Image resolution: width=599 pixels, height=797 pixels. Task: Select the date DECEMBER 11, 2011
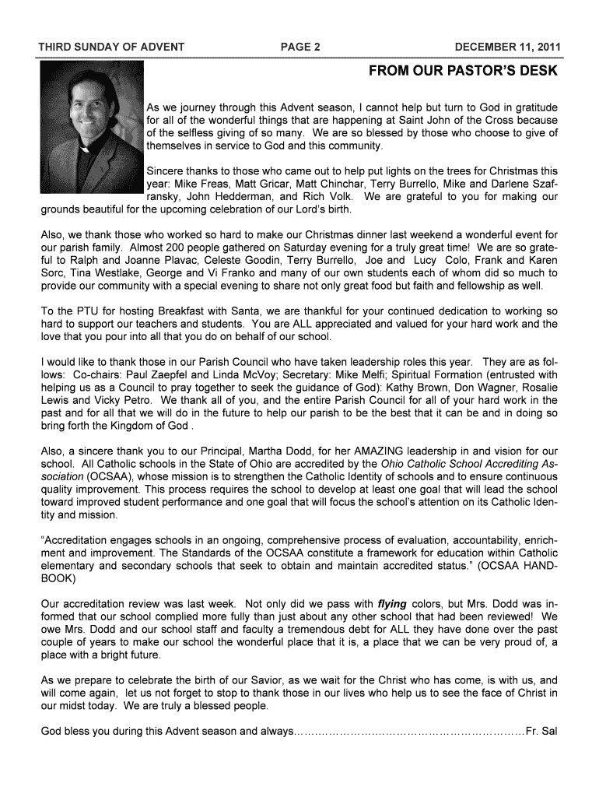507,47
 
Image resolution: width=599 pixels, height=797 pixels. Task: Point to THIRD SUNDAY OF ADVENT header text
111,47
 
